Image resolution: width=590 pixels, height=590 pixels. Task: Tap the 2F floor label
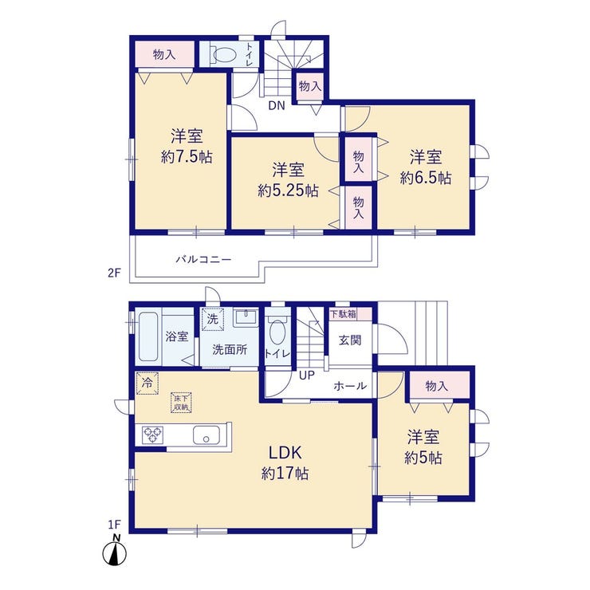[114, 273]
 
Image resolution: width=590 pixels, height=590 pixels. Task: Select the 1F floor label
[114, 524]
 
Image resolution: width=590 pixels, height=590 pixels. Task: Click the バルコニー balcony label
[203, 259]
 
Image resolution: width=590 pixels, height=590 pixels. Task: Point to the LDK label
[285, 453]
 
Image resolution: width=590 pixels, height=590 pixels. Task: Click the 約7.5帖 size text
[187, 156]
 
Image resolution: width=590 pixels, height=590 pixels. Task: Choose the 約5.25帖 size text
[289, 191]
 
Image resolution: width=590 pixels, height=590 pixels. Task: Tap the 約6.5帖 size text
[426, 177]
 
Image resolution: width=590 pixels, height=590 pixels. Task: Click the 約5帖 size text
[423, 458]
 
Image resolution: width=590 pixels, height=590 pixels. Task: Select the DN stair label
[277, 106]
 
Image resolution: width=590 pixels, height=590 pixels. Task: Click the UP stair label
[307, 375]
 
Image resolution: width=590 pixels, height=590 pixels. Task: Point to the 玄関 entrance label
[350, 340]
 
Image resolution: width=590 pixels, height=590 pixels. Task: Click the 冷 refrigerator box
[147, 383]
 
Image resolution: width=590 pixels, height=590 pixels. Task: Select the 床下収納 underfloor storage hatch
[181, 403]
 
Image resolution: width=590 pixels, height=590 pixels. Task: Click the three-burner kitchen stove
[152, 435]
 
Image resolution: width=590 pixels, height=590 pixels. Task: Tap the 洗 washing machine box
[213, 320]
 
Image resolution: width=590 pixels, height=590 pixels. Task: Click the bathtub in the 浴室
[147, 337]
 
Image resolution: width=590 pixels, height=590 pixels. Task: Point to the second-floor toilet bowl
[222, 55]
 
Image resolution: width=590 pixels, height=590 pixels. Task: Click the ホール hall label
[350, 386]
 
